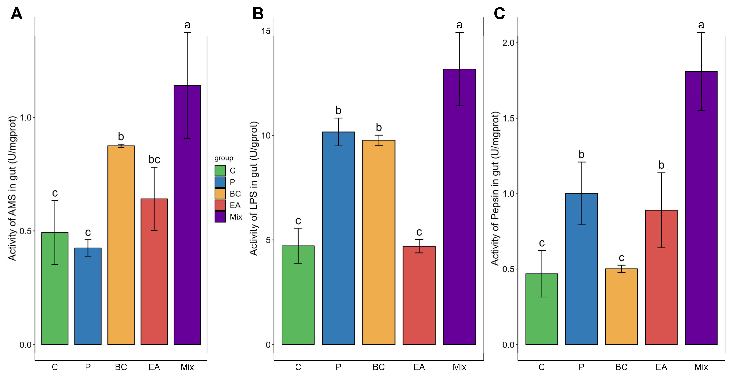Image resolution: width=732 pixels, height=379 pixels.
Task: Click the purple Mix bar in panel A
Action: pyautogui.click(x=187, y=215)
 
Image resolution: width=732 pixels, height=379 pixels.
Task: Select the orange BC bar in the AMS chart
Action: pyautogui.click(x=121, y=245)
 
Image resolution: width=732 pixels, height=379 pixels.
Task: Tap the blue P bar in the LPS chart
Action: pyautogui.click(x=338, y=239)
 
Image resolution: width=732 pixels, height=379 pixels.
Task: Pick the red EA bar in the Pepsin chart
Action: pyautogui.click(x=661, y=277)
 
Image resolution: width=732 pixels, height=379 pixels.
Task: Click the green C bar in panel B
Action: pyautogui.click(x=298, y=295)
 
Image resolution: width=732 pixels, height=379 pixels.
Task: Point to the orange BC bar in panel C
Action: pyautogui.click(x=621, y=307)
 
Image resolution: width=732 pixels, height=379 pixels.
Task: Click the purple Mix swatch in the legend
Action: pyautogui.click(x=220, y=217)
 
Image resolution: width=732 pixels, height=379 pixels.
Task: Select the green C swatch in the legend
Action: pyautogui.click(x=220, y=171)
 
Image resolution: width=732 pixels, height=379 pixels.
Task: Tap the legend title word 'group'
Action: pyautogui.click(x=224, y=158)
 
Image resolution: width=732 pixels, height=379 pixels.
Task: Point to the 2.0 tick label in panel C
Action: pyautogui.click(x=508, y=43)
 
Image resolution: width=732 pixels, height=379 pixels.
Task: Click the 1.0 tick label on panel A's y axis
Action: pyautogui.click(x=26, y=118)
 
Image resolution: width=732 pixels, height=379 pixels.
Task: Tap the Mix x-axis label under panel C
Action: pyautogui.click(x=701, y=367)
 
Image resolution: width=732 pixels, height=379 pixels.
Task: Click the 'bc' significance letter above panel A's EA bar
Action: pyautogui.click(x=154, y=160)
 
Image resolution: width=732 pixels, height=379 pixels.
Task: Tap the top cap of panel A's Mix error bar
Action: pyautogui.click(x=187, y=32)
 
